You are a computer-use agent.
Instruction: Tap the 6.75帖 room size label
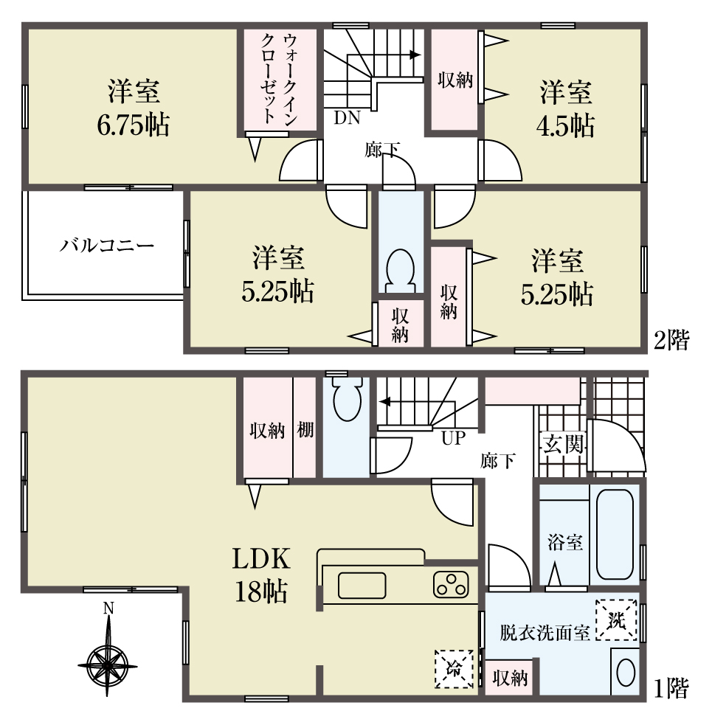click(134, 125)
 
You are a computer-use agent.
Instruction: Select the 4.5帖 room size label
click(565, 125)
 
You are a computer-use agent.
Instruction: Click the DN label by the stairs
click(346, 117)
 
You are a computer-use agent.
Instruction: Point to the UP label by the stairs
click(452, 439)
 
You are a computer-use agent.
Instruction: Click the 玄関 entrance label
click(565, 444)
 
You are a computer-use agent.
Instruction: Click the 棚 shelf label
click(305, 430)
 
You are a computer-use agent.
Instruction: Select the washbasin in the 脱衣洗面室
click(625, 673)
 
